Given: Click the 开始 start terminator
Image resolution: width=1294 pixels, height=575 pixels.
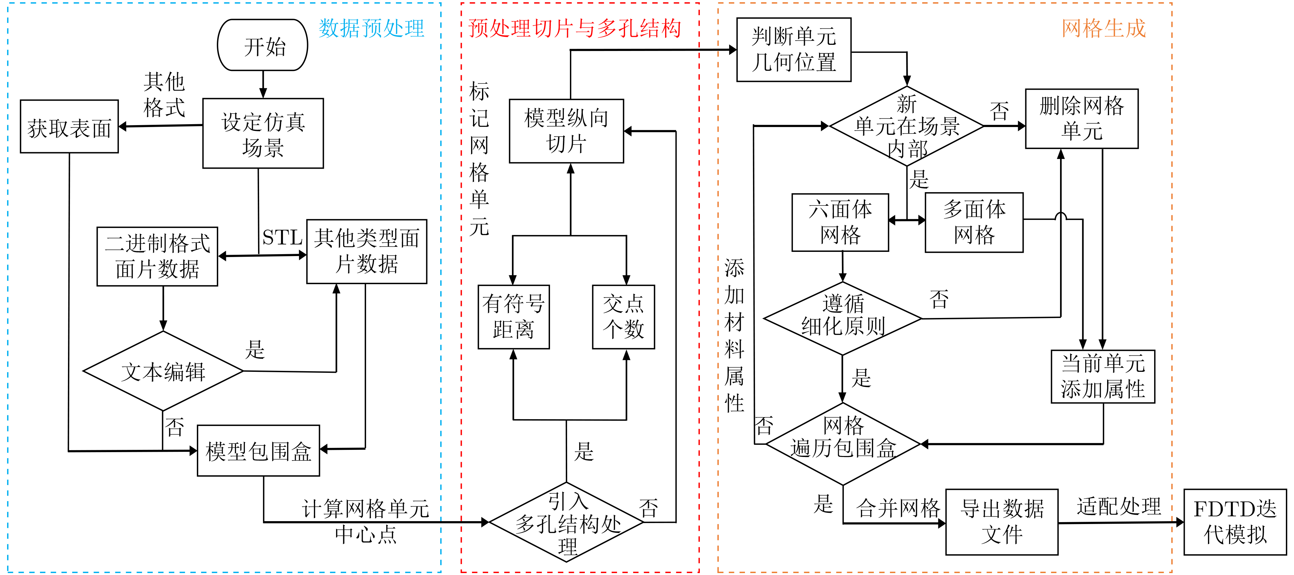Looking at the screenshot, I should tap(262, 45).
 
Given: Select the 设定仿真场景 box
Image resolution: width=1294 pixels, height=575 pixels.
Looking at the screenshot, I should tap(263, 133).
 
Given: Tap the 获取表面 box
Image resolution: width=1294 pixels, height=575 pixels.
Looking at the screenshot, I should tap(69, 127).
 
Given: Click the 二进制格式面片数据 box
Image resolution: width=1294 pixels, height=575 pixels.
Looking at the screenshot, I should tap(157, 256).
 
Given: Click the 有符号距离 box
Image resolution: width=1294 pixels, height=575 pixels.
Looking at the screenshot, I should tap(513, 317).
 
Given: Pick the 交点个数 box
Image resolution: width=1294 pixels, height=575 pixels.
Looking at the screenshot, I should tap(623, 317).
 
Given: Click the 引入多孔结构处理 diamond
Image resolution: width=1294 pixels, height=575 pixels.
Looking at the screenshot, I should tap(567, 523).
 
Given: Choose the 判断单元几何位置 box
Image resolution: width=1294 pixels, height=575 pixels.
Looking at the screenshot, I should tap(794, 50).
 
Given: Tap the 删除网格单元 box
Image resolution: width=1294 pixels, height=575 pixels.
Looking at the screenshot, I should tap(1082, 119).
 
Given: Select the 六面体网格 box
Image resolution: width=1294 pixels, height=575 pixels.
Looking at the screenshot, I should tap(840, 222).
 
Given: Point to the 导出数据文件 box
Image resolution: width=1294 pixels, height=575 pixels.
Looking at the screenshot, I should tap(1002, 522).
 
